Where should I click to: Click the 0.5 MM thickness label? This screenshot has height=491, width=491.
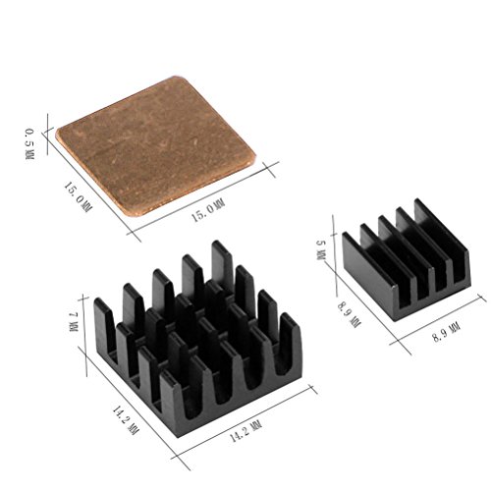[x=29, y=144]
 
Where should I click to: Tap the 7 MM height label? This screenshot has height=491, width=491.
[x=74, y=322]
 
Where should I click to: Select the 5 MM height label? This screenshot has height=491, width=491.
[x=321, y=250]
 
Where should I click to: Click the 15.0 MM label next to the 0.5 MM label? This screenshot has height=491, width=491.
[x=78, y=197]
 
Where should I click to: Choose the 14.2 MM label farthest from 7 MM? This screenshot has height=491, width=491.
[x=246, y=431]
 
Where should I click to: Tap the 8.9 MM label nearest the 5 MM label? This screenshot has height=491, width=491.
[x=349, y=314]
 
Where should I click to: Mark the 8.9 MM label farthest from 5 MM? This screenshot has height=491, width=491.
[x=447, y=332]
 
